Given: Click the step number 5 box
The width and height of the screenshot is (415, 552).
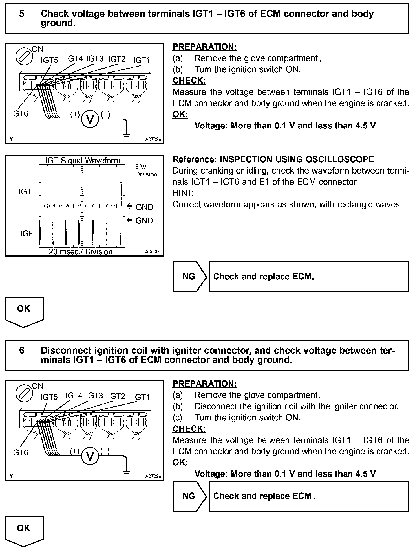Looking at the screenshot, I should [21, 18].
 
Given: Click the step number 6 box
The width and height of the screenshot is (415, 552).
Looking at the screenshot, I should [21, 355].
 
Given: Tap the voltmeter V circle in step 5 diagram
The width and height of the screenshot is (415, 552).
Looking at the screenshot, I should [90, 120].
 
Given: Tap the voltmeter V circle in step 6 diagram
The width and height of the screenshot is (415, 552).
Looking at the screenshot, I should [90, 456].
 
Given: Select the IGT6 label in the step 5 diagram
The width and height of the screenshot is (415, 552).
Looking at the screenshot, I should [19, 113].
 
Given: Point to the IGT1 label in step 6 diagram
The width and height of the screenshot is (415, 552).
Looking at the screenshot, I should [141, 397].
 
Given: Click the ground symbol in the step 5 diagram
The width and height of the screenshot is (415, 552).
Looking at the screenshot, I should [127, 136].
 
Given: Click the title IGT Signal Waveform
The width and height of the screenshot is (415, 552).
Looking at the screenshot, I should [83, 161].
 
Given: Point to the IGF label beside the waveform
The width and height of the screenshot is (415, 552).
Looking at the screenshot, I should [27, 233].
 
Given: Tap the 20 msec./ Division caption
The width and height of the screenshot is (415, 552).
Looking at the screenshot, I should [81, 251].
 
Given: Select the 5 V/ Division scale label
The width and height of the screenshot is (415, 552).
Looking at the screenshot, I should [146, 170].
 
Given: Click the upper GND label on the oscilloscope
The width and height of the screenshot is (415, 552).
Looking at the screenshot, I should [144, 207].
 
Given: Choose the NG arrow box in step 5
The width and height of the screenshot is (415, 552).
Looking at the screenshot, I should [190, 277].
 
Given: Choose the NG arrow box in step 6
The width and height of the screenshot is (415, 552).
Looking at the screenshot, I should [190, 496].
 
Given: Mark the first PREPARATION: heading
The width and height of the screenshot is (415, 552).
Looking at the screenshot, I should [205, 47].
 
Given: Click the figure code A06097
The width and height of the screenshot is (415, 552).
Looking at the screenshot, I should [153, 252].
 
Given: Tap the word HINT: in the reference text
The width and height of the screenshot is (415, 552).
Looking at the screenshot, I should [183, 193].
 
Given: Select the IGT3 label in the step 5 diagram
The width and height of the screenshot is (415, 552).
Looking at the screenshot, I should [95, 59].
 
